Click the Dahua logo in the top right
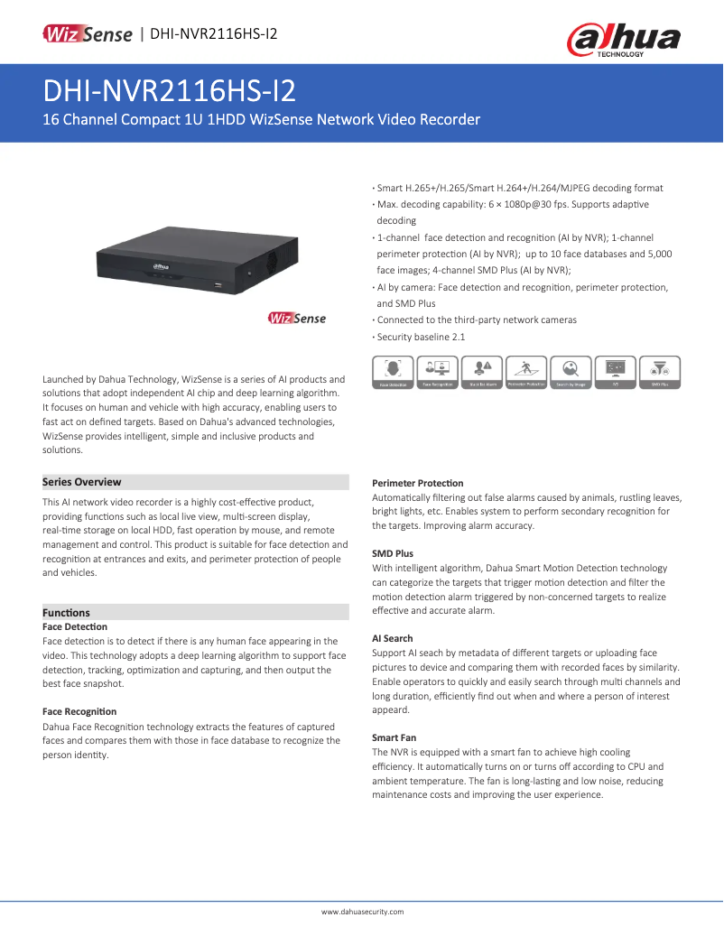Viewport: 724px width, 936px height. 624,41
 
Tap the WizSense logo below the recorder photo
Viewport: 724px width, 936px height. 297,318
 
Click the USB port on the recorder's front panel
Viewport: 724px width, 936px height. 218,284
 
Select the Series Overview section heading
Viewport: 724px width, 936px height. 82,482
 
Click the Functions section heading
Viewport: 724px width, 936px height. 67,613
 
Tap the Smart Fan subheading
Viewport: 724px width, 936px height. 394,737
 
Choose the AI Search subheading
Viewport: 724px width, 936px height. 393,638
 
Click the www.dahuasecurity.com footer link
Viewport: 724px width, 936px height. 362,912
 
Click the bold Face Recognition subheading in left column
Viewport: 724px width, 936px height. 79,712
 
